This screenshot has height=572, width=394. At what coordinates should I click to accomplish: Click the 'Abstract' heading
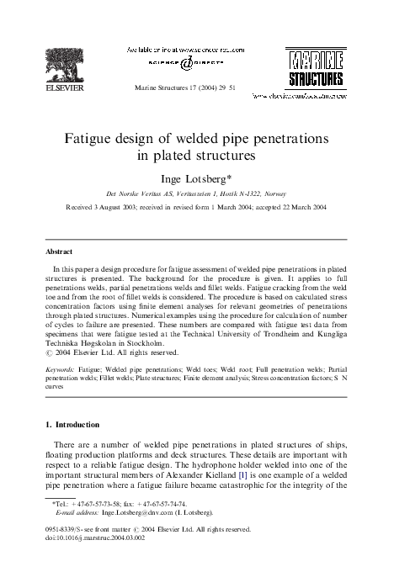(x=60, y=252)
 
